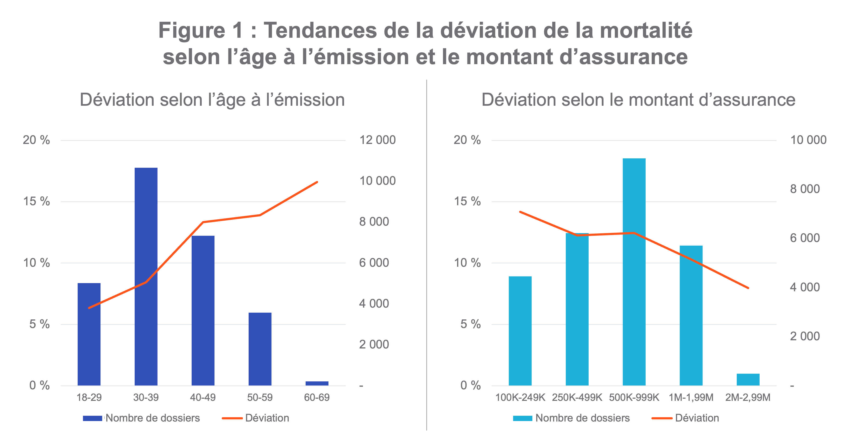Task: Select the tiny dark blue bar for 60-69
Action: coord(317,383)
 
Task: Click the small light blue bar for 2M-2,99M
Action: coord(748,379)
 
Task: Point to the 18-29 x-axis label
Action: coord(89,397)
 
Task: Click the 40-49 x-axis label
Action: coord(203,397)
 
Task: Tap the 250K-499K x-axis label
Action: coord(577,397)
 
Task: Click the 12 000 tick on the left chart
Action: coord(377,140)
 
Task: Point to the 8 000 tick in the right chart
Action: coord(805,189)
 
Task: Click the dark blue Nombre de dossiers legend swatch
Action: coord(92,418)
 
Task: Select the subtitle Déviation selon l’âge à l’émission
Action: coord(212,100)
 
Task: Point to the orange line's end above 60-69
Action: coord(317,182)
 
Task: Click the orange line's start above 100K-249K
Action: coord(520,212)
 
